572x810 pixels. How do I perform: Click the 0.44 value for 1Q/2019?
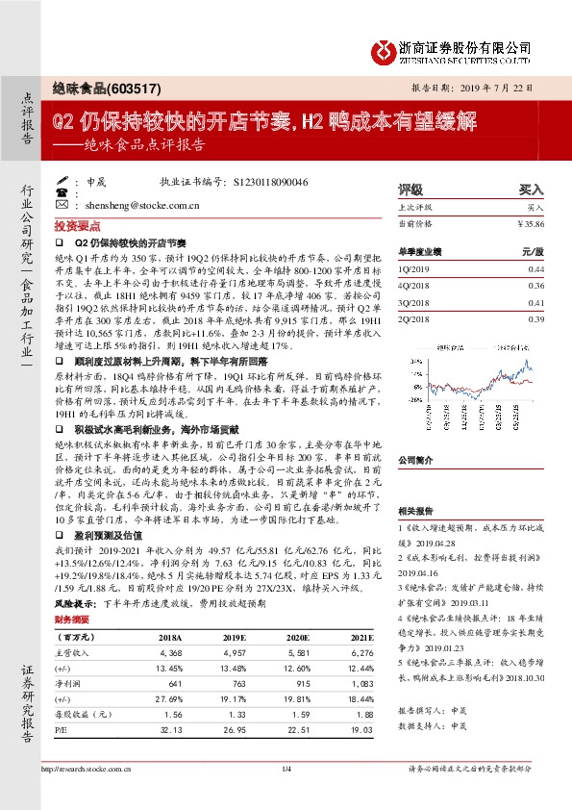pos(535,269)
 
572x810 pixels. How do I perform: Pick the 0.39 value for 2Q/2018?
pos(535,318)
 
